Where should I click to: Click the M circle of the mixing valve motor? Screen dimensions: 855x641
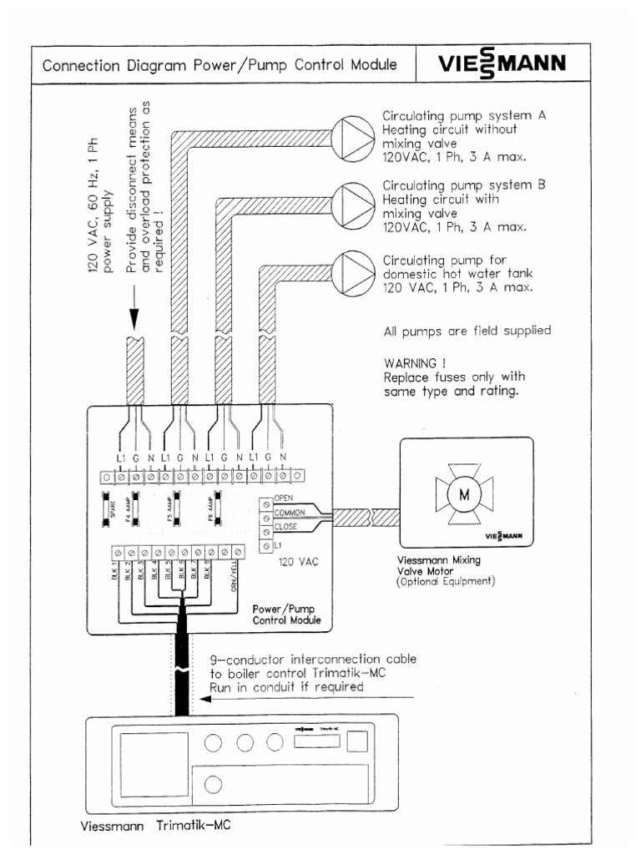(462, 495)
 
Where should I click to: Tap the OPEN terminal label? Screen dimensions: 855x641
(283, 498)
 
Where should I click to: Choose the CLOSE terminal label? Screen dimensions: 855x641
(285, 528)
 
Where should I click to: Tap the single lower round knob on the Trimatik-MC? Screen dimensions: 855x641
(212, 783)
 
